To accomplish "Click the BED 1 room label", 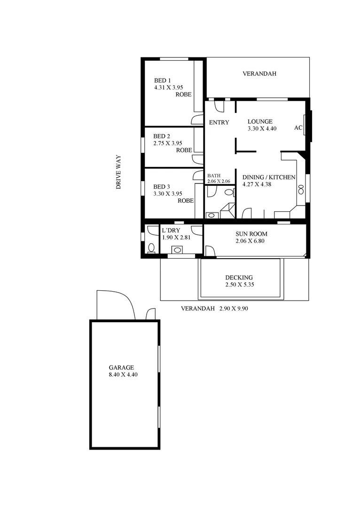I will (x=162, y=80).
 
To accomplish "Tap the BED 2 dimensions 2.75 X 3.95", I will (x=167, y=143).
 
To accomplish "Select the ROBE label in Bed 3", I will (x=186, y=200).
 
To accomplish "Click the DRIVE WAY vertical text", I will (x=119, y=172).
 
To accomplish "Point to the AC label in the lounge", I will (x=298, y=127).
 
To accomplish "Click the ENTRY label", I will (x=219, y=123).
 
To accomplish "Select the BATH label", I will (x=214, y=175).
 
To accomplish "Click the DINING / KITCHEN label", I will (x=268, y=177).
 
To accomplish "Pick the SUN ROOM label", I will (x=251, y=234).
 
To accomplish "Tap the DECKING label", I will (x=239, y=278).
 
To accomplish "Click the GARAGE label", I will (x=121, y=368).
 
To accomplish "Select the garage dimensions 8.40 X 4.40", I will (x=123, y=375).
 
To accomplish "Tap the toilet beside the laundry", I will (x=151, y=247).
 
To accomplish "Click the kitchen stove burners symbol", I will (x=301, y=190).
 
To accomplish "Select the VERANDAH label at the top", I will (x=259, y=74).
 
